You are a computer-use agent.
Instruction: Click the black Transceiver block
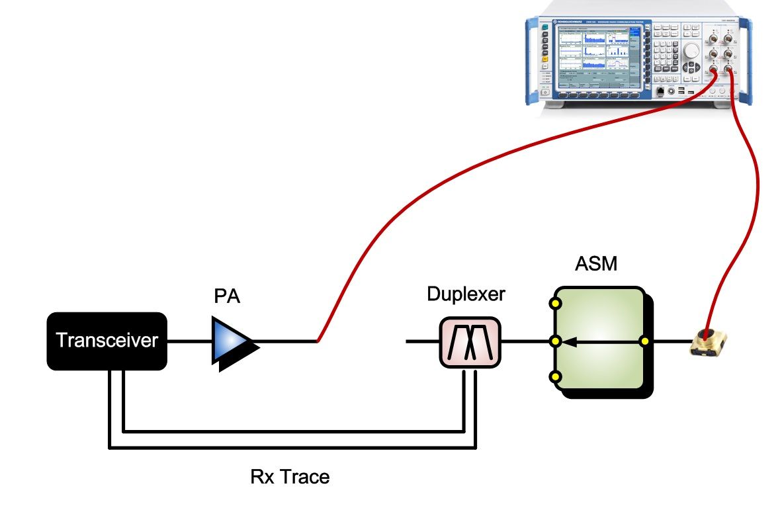[x=106, y=341]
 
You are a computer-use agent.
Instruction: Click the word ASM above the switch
[x=596, y=265]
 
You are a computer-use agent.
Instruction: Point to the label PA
[x=227, y=296]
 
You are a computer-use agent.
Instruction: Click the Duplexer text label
[x=466, y=294]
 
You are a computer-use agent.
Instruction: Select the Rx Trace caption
[x=290, y=476]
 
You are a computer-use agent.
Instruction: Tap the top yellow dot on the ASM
[x=555, y=305]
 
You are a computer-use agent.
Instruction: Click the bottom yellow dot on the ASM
[x=555, y=376]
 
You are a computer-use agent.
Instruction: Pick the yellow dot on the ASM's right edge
[x=644, y=341]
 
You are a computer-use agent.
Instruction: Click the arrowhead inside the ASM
[x=573, y=341]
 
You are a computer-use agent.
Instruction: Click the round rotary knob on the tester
[x=692, y=50]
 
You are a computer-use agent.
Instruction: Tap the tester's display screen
[x=593, y=56]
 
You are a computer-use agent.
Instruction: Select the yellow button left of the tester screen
[x=544, y=59]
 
